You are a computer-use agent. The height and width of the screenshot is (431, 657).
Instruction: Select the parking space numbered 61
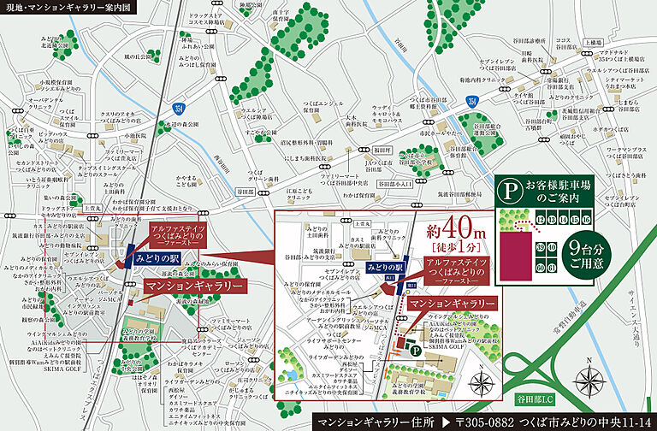tap(553, 269)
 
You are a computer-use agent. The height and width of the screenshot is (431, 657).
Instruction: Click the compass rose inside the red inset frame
tap(482, 381)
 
